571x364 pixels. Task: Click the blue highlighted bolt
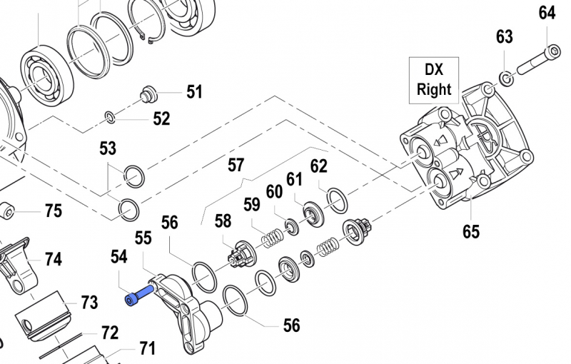(139, 295)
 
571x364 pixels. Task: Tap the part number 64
(547, 14)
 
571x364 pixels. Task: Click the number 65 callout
(471, 231)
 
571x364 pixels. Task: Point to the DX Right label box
(434, 79)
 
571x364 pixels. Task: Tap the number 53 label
(108, 148)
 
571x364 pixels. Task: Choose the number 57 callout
(236, 166)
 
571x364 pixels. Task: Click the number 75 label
(54, 211)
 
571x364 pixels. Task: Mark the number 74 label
(54, 259)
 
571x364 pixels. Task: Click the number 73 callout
(89, 303)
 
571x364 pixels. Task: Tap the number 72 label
(109, 333)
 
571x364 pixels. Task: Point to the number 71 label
(147, 349)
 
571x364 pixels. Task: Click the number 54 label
(119, 255)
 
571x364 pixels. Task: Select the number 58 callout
(223, 221)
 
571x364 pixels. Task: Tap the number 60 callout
(275, 191)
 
